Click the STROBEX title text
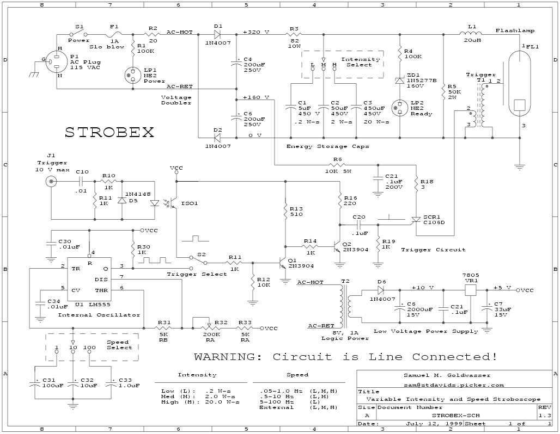pyautogui.click(x=109, y=132)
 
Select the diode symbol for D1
pyautogui.click(x=218, y=35)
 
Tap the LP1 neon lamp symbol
pyautogui.click(x=133, y=75)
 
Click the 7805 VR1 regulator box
pyautogui.click(x=470, y=290)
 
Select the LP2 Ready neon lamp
pyautogui.click(x=400, y=108)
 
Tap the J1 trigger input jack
pyautogui.click(x=51, y=182)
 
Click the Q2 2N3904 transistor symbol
pyautogui.click(x=337, y=246)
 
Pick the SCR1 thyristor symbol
pyautogui.click(x=416, y=221)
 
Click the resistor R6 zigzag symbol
pyautogui.click(x=337, y=165)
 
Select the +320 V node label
pyautogui.click(x=256, y=32)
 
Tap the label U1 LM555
pyautogui.click(x=93, y=304)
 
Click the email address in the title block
pyautogui.click(x=454, y=385)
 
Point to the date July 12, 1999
pyautogui.click(x=434, y=424)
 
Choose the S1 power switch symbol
pyautogui.click(x=78, y=34)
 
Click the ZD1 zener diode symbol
pyautogui.click(x=400, y=80)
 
